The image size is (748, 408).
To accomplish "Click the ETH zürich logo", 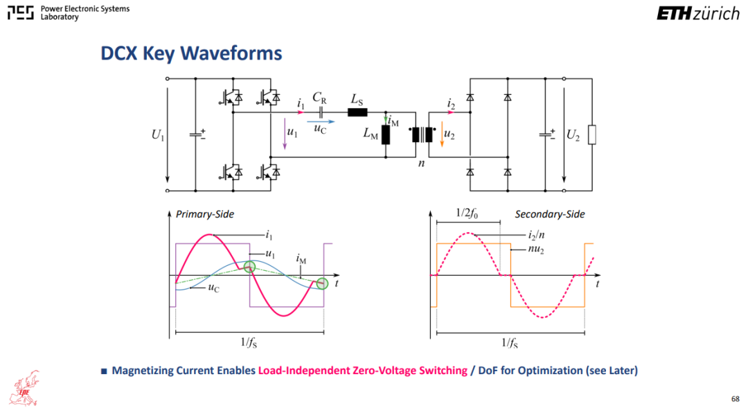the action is [698, 14].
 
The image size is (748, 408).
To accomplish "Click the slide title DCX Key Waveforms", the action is [191, 53].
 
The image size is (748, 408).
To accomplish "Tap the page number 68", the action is [735, 398].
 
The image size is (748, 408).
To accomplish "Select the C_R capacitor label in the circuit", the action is [319, 98].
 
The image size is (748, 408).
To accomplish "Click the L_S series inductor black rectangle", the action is [357, 113].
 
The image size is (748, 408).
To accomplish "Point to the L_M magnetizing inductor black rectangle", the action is [386, 135].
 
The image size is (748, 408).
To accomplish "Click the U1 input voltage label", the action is [158, 135].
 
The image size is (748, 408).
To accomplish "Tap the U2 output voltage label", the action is [573, 136].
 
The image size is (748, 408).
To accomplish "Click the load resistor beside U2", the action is [592, 134].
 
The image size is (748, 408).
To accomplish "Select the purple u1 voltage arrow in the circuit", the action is [285, 134].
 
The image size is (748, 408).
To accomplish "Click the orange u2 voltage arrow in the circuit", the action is [442, 134].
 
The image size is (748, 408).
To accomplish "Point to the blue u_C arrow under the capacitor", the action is [321, 122].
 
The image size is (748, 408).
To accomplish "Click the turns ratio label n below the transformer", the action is [421, 163].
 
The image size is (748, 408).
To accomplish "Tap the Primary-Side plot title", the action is [204, 214].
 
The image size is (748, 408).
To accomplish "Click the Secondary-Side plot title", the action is [549, 214].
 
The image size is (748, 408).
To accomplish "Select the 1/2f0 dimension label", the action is [467, 213].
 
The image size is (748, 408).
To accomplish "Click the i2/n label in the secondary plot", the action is [536, 235].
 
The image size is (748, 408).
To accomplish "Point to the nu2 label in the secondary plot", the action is [537, 249].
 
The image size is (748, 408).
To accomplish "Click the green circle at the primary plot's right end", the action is [323, 283].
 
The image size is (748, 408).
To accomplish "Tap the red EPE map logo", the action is [25, 388].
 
